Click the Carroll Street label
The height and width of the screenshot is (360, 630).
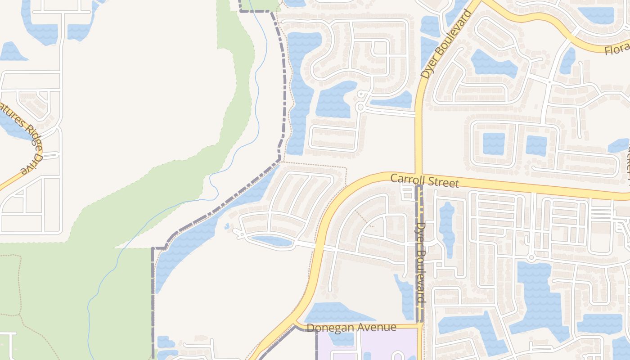(x=424, y=180)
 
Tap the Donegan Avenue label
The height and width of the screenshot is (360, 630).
(x=351, y=328)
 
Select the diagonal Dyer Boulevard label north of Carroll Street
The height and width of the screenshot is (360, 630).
(x=445, y=44)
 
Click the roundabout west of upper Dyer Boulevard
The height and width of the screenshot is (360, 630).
(x=360, y=107)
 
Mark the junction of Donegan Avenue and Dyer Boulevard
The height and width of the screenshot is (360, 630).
(x=420, y=325)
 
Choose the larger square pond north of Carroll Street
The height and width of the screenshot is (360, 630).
(x=494, y=144)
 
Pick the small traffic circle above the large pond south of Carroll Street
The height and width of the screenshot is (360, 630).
(x=531, y=258)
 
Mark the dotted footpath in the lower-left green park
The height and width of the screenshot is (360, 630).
(x=18, y=288)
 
